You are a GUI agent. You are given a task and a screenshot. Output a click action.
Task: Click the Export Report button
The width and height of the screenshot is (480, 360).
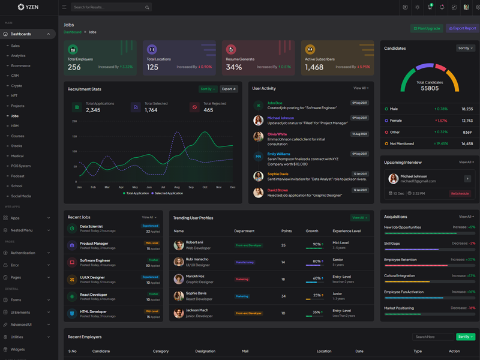click(x=463, y=28)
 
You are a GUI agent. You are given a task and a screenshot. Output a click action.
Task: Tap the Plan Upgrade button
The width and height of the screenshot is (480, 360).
click(x=427, y=28)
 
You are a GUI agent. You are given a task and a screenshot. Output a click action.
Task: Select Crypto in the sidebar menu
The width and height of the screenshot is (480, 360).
click(x=17, y=86)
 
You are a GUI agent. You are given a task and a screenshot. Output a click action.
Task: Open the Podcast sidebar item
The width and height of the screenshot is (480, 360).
click(x=17, y=176)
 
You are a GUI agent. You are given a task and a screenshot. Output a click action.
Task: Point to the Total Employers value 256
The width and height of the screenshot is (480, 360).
click(x=74, y=67)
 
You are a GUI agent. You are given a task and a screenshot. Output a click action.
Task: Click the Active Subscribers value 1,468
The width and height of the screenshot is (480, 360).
click(x=314, y=67)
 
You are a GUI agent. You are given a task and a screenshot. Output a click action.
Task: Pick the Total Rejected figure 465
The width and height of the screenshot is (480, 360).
click(x=208, y=110)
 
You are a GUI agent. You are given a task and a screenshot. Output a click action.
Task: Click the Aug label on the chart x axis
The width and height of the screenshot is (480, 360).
click(x=177, y=187)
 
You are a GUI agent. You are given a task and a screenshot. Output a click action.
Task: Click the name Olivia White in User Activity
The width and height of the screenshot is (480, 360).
click(x=277, y=134)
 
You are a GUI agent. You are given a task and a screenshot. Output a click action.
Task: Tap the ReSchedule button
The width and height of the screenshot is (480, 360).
click(x=460, y=194)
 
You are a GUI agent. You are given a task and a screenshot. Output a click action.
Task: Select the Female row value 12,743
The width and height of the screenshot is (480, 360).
click(x=467, y=121)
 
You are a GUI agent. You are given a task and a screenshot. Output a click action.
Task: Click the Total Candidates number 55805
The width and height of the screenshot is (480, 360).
click(x=430, y=88)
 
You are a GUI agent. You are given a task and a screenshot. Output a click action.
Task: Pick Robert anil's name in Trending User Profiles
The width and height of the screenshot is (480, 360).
click(x=194, y=242)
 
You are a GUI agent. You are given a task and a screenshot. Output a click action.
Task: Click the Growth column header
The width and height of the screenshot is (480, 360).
click(x=312, y=231)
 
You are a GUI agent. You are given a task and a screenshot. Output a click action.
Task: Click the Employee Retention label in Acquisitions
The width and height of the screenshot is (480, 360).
click(x=400, y=259)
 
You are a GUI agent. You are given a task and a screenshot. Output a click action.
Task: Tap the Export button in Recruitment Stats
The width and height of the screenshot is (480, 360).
click(x=229, y=89)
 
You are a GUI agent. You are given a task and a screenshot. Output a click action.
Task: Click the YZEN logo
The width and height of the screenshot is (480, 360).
click(x=28, y=7)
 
